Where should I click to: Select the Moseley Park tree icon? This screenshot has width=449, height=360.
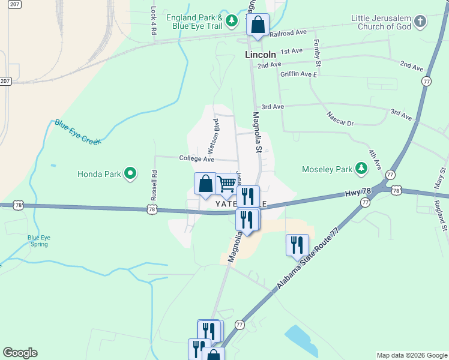(361, 169)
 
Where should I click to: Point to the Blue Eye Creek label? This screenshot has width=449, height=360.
(78, 131)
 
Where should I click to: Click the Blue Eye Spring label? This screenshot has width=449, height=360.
(39, 241)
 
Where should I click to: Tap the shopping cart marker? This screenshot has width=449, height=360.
(226, 184)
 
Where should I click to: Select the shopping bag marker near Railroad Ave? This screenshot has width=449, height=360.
(258, 25)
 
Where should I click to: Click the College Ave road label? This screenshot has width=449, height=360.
(196, 159)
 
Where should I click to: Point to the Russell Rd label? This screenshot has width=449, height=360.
(154, 185)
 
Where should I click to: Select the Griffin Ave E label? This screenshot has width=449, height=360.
(298, 74)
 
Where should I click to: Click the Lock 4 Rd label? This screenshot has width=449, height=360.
(154, 19)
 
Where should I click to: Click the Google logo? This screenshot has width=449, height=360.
(20, 353)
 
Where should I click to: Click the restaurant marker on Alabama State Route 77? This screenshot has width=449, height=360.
(297, 245)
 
